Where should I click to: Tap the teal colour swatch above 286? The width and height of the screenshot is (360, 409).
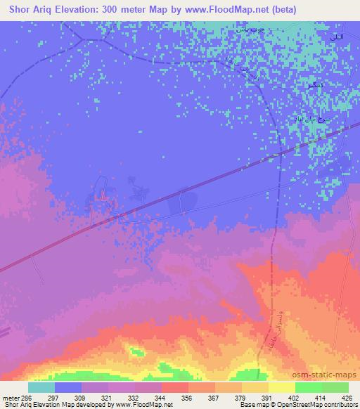pos(41,387)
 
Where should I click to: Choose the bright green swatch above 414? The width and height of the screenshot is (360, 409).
pos(309,387)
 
